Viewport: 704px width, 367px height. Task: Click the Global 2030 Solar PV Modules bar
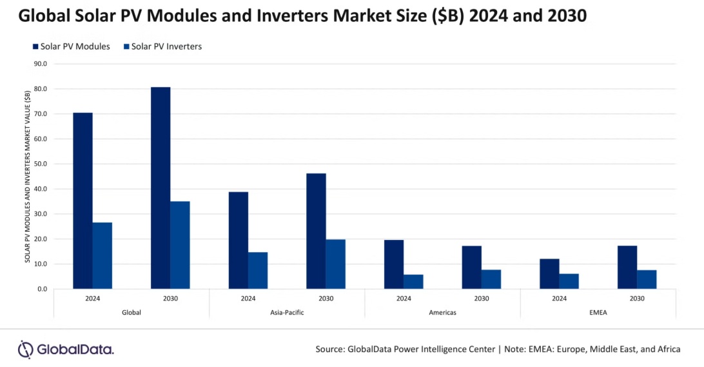tap(161, 188)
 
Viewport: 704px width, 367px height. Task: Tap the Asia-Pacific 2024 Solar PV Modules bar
tap(239, 240)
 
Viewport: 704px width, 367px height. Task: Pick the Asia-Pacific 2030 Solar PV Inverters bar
tap(335, 264)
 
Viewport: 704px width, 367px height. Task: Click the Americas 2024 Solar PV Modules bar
tap(394, 264)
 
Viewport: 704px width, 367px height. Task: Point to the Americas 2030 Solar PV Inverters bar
tap(491, 279)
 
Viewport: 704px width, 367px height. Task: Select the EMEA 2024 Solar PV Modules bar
tap(549, 273)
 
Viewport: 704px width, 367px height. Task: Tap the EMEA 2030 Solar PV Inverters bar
tap(647, 279)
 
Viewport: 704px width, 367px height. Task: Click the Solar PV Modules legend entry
tap(70, 46)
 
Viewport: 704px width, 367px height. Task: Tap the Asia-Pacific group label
tap(287, 312)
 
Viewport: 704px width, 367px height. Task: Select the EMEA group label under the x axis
tap(598, 312)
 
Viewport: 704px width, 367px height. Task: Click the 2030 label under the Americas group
tap(482, 299)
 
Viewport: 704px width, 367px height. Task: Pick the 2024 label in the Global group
tap(92, 299)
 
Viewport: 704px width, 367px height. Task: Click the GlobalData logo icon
tap(25, 350)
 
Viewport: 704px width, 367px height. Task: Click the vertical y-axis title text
tap(27, 176)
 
